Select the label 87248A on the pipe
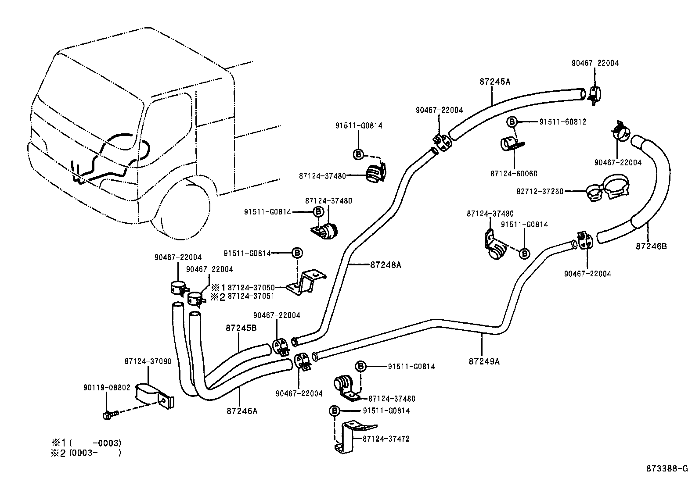[386, 265]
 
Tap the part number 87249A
[484, 361]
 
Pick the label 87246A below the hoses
[242, 411]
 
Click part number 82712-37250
[540, 192]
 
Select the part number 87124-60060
[513, 174]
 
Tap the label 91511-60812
[562, 122]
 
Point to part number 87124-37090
[148, 361]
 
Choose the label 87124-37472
[386, 439]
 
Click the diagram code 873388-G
[667, 468]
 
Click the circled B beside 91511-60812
[512, 122]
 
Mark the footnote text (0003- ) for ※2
[94, 453]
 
